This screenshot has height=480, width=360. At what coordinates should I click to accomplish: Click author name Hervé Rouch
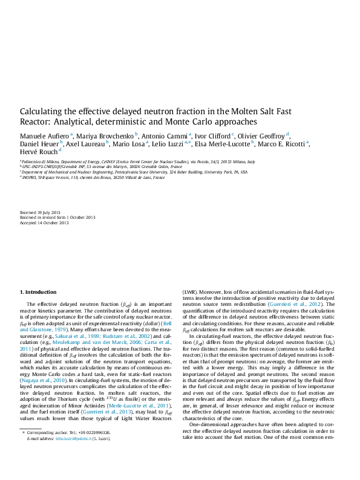(x=38, y=153)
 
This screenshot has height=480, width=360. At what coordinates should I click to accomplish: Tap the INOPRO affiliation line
(x=93, y=178)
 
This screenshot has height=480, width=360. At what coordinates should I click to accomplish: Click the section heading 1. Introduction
(x=39, y=292)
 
